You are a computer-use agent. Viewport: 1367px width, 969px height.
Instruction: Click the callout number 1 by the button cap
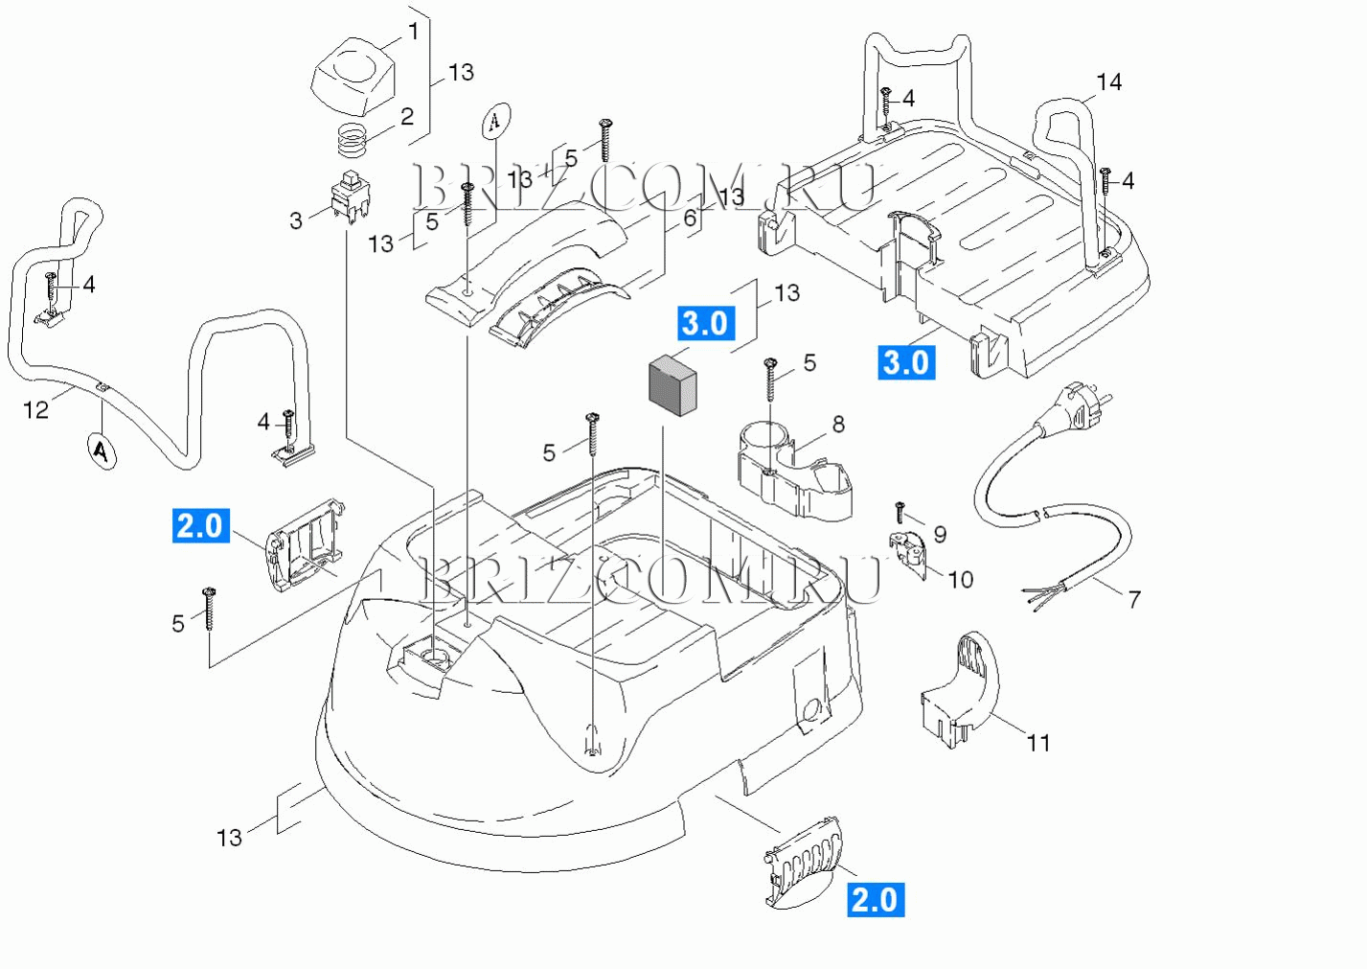tap(413, 32)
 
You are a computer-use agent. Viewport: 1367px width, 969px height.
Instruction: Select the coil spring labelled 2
tap(353, 140)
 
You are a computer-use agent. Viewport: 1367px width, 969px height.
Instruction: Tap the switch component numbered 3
tap(350, 198)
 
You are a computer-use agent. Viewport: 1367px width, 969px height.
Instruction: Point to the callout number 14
tap(1108, 82)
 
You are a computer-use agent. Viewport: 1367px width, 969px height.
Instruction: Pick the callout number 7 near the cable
tap(1134, 599)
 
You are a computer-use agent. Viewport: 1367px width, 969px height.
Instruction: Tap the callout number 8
tap(838, 424)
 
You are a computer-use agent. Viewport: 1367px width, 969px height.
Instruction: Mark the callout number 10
tap(960, 579)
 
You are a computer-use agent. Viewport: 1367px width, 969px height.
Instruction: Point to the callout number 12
tap(35, 410)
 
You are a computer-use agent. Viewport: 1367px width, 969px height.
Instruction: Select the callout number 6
tap(690, 219)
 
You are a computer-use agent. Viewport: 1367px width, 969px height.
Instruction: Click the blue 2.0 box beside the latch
tap(201, 525)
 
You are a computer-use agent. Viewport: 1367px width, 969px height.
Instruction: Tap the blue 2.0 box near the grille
tap(875, 899)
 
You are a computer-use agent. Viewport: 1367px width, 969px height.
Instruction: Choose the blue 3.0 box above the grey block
tap(706, 323)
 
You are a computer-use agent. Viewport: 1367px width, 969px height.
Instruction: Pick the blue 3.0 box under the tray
tap(905, 362)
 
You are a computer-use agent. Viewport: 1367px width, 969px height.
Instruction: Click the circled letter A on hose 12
tap(101, 450)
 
